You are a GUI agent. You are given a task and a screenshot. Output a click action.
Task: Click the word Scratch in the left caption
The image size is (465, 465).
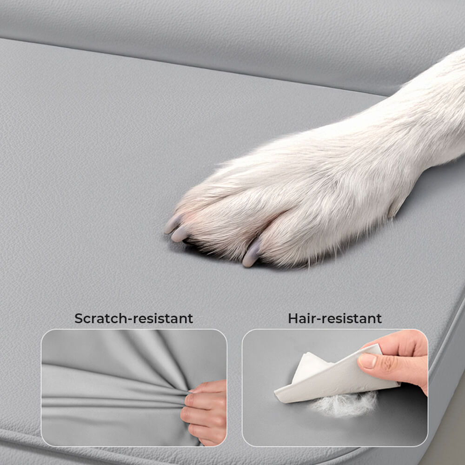100,319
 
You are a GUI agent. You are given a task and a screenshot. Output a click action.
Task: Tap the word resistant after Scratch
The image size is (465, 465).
162,319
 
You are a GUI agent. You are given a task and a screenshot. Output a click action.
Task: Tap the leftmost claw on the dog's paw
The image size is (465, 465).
172,225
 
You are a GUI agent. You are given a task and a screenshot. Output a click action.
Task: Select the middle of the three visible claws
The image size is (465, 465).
179,233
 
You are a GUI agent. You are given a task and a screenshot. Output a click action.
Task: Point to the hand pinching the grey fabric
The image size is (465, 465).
205,409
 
